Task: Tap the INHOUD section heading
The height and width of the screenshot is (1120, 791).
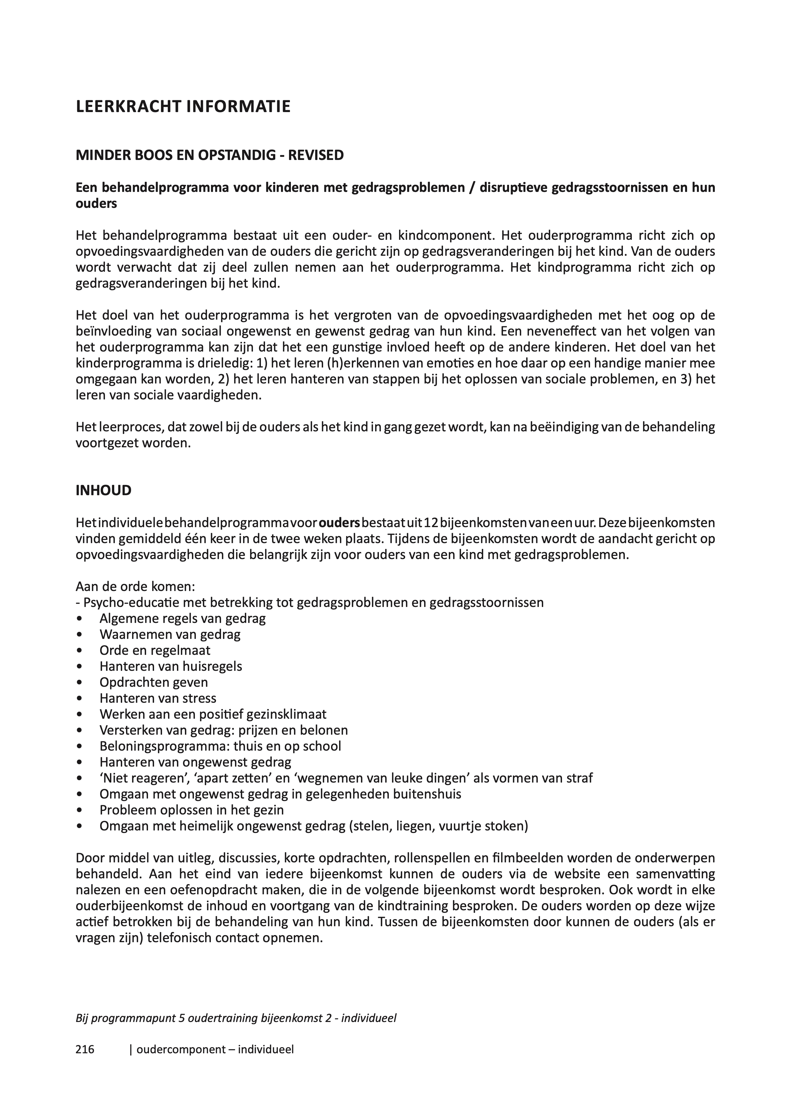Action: pyautogui.click(x=103, y=490)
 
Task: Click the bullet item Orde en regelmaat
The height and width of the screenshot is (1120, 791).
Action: pyautogui.click(x=155, y=650)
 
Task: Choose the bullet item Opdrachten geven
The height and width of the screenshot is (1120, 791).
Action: pyautogui.click(x=153, y=682)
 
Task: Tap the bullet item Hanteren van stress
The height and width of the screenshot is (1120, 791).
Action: pyautogui.click(x=158, y=698)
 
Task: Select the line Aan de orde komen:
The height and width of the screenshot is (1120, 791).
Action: pyautogui.click(x=135, y=586)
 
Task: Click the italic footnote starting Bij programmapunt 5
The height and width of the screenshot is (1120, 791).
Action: pyautogui.click(x=236, y=1018)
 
